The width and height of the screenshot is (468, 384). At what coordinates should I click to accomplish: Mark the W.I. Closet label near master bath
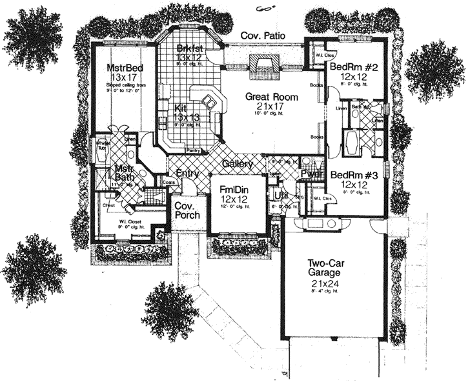pyautogui.click(x=130, y=224)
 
